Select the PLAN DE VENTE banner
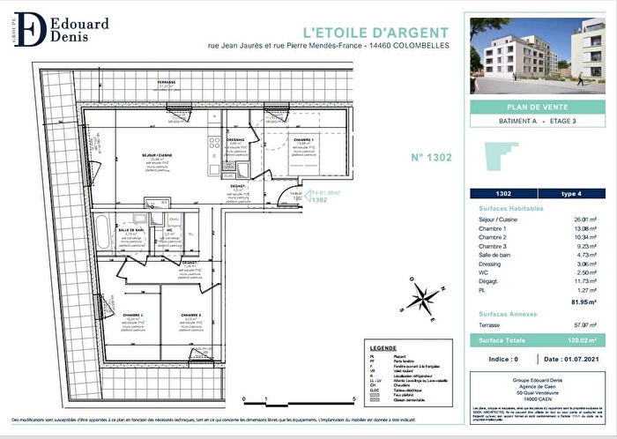pos(538,108)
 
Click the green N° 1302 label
pos(431,158)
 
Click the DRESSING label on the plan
pos(236,139)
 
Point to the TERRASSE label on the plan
pos(167,82)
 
